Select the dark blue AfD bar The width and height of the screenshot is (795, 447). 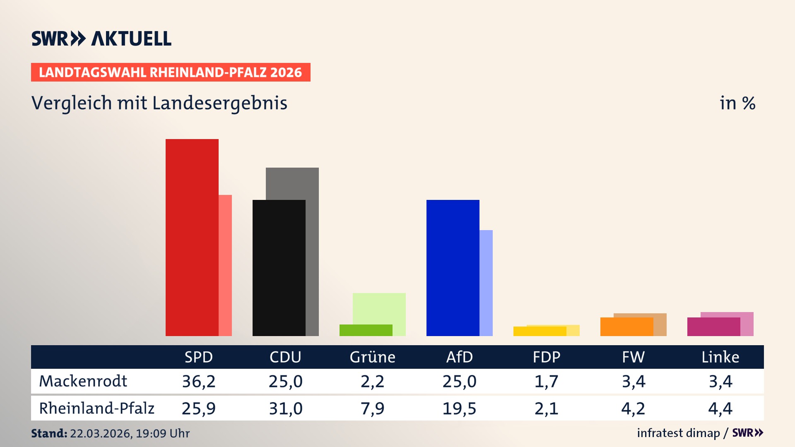point(453,268)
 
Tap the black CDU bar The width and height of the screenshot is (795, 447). point(279,268)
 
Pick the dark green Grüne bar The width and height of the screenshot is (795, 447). point(366,330)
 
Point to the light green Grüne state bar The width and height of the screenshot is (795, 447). point(379,308)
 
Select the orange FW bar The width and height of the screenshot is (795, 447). point(626,327)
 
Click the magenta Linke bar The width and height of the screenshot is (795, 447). point(713,327)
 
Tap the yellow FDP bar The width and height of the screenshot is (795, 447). point(540,331)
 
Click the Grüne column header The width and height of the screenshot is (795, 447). point(372,357)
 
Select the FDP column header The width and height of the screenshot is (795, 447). point(546,357)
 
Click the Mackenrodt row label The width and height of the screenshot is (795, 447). point(83,381)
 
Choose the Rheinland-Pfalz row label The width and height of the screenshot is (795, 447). point(96,408)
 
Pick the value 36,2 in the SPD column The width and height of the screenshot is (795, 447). point(199,381)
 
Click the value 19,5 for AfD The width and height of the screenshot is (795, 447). point(459,409)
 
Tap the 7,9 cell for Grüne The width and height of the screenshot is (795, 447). point(372,409)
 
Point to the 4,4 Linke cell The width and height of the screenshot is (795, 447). point(720,409)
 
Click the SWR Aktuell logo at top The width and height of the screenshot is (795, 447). point(101,38)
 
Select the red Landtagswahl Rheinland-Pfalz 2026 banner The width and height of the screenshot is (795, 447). point(171,72)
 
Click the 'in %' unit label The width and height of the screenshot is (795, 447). point(737,103)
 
